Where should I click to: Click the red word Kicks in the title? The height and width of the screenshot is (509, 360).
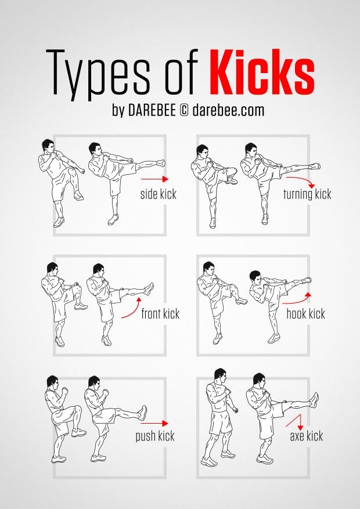[262, 72]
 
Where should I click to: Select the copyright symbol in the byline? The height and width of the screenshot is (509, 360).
[183, 111]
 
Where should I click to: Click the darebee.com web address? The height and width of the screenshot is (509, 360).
[228, 110]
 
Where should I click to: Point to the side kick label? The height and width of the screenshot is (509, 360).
[159, 194]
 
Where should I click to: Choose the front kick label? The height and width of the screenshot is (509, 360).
[160, 314]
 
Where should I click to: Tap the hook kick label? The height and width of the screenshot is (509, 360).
[305, 314]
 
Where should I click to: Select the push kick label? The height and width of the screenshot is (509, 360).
[155, 436]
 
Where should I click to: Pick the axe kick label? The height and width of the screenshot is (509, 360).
[307, 436]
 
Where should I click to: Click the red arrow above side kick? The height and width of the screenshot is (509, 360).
[154, 179]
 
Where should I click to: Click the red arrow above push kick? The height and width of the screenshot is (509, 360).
[154, 423]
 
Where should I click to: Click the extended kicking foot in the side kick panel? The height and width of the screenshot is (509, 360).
[160, 163]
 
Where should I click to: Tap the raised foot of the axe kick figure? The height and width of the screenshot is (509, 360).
[314, 400]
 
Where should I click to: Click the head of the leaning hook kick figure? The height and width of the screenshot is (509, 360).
[255, 277]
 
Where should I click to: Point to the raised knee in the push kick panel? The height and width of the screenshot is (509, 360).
[77, 409]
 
